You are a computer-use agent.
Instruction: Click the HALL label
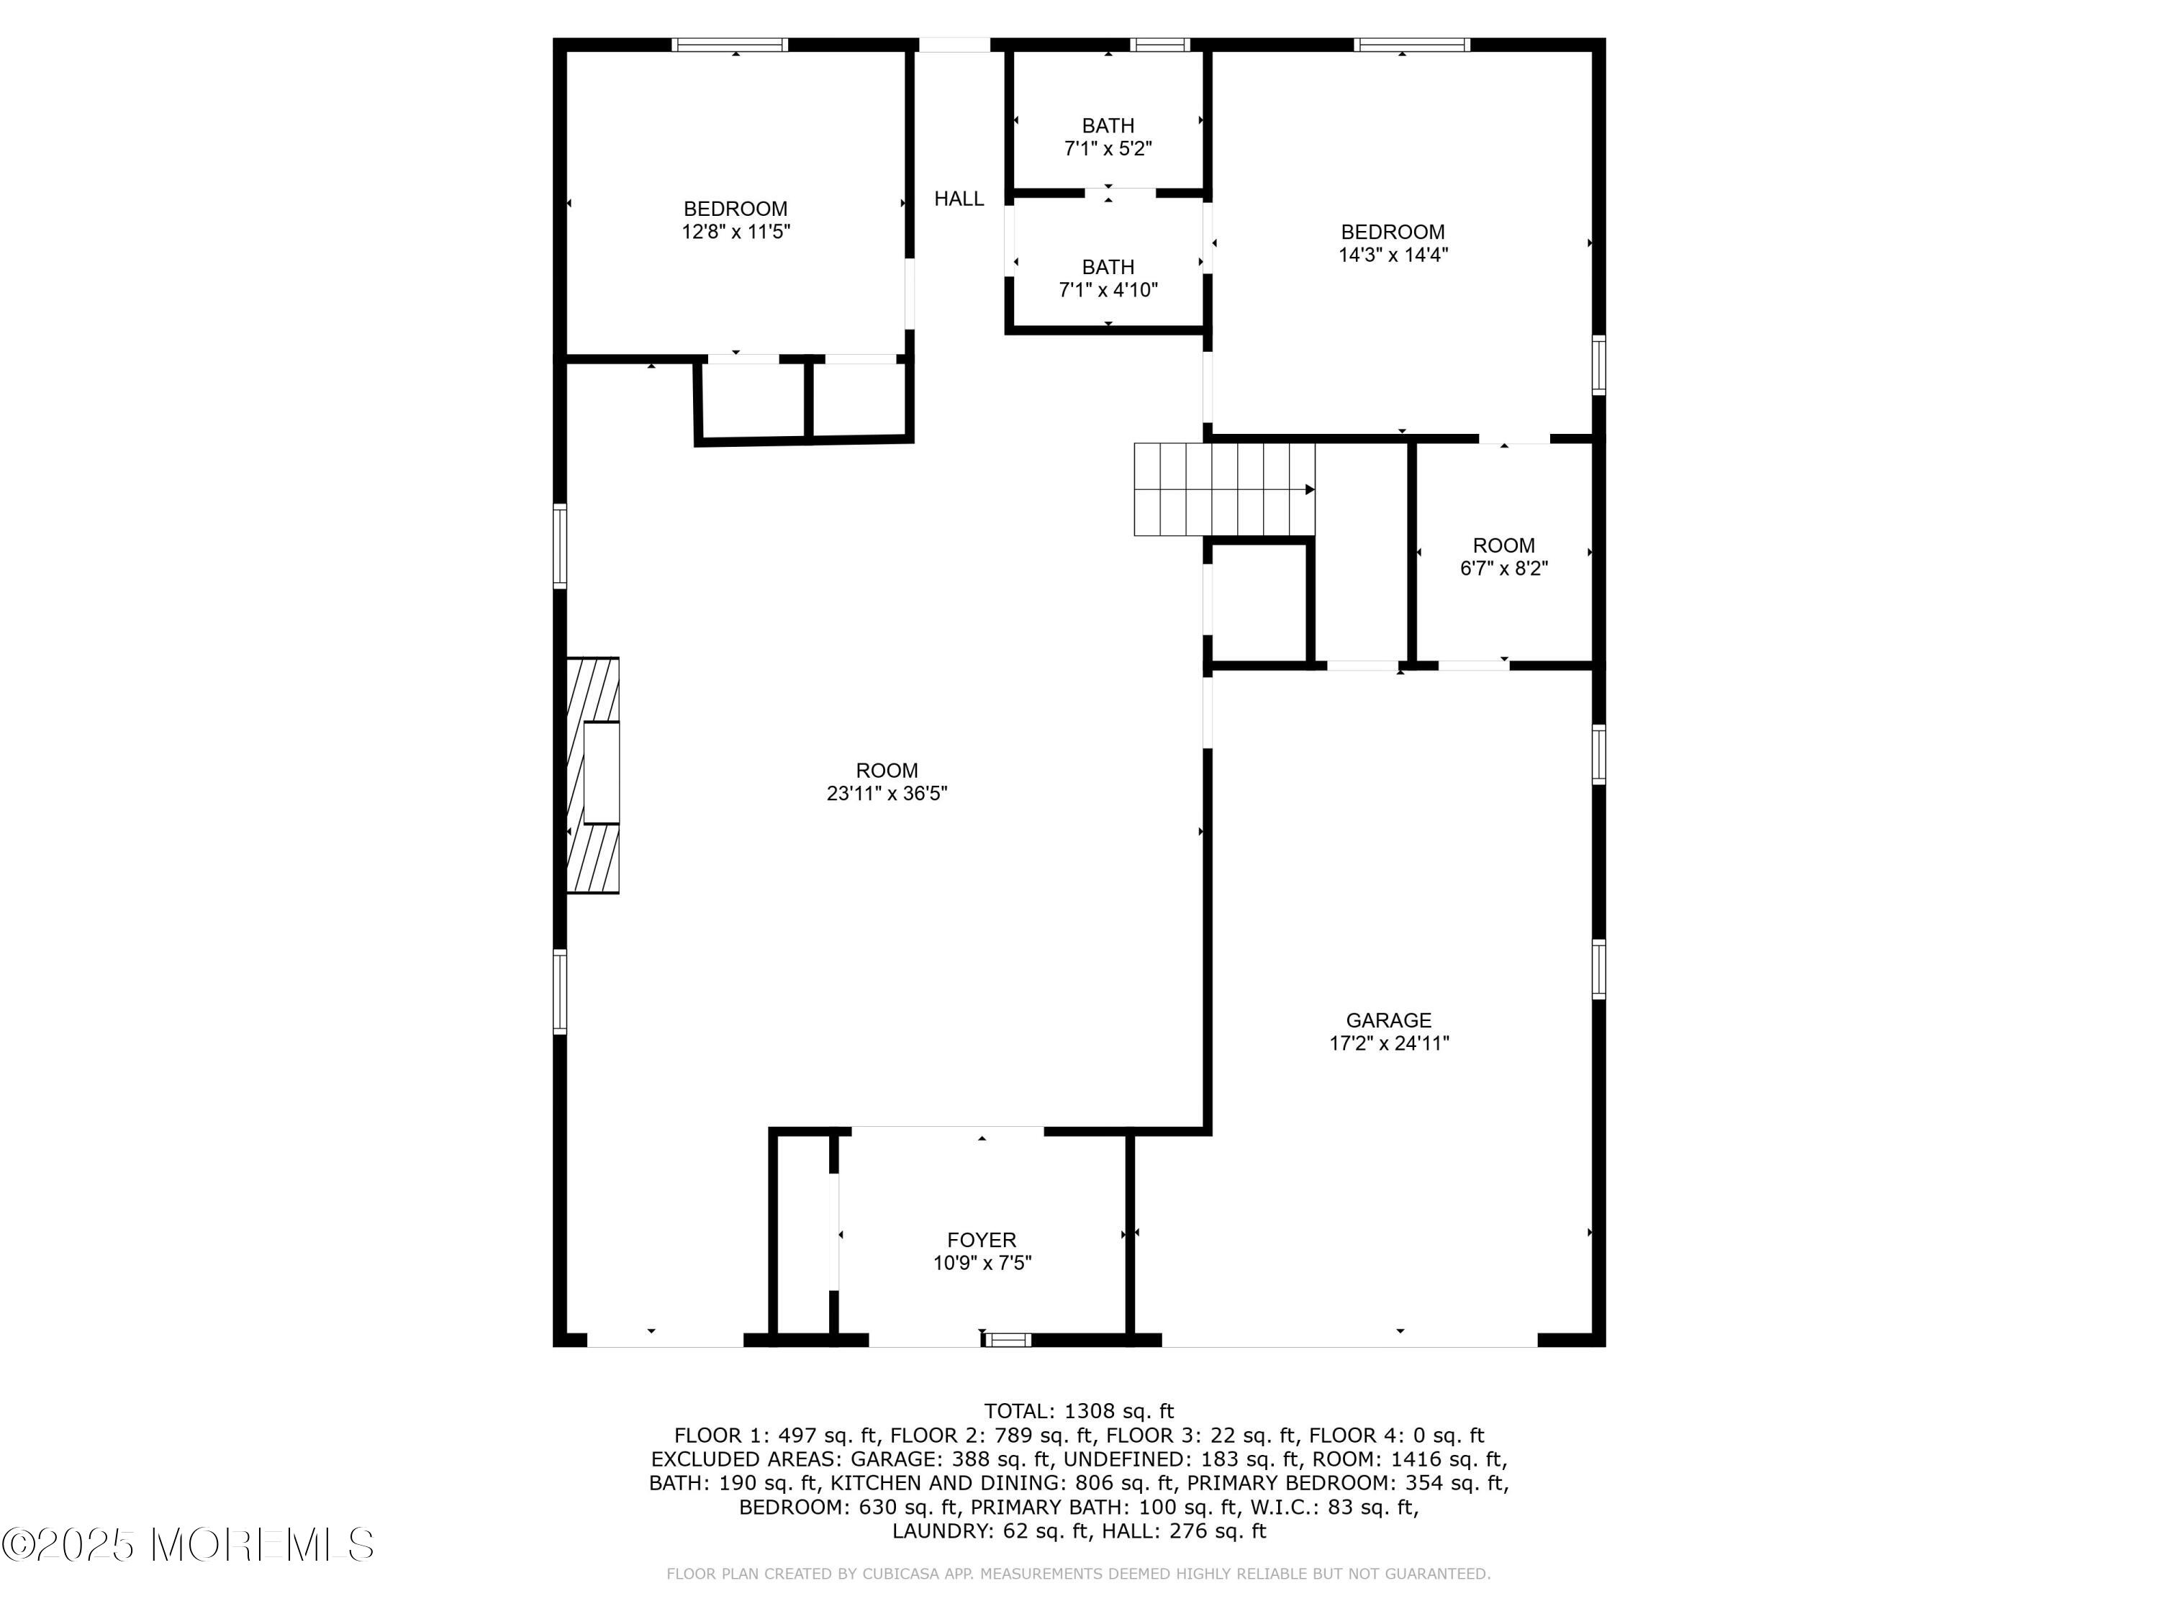[959, 199]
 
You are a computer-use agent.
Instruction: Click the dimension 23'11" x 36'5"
[886, 794]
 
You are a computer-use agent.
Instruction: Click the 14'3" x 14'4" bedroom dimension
[1392, 255]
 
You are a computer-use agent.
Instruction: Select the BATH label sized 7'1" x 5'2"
[1108, 126]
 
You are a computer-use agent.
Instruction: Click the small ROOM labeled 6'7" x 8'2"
[1503, 545]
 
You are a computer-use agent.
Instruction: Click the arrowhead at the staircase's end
[1310, 490]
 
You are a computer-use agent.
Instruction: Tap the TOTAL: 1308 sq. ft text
[1079, 1411]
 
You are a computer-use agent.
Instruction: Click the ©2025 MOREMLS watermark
[187, 1545]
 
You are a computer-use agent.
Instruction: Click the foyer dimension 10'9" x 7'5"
[981, 1264]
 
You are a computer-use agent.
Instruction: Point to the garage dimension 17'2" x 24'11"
[1388, 1043]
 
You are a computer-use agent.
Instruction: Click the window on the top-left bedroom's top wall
[729, 45]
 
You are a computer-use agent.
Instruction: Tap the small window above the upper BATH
[1159, 45]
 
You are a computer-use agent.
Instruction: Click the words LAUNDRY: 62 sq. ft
[990, 1531]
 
